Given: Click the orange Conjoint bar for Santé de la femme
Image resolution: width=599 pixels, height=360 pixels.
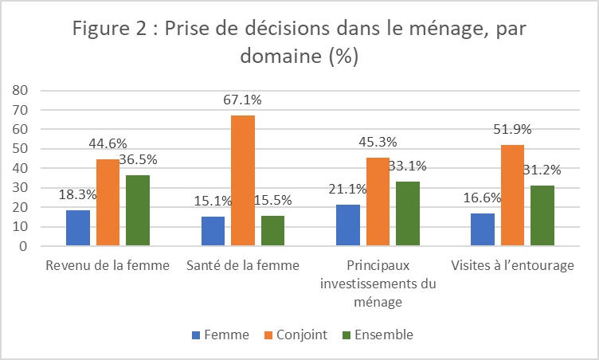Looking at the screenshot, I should point(244,181).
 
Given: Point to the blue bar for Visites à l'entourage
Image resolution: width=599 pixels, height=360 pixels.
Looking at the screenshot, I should point(483,229).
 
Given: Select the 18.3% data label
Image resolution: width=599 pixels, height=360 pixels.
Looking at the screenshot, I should point(76,194).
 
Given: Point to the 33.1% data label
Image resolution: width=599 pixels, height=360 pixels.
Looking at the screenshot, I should point(409,166).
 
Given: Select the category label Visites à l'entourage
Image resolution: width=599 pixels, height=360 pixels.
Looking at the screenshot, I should point(511,266).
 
